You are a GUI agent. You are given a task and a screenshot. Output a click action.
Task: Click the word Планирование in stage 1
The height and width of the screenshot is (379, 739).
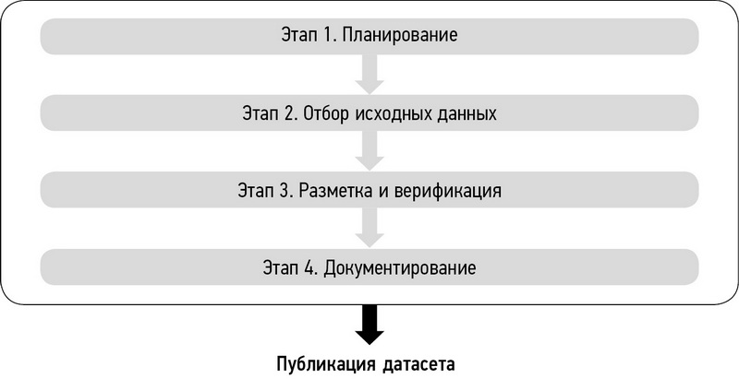[x=400, y=36]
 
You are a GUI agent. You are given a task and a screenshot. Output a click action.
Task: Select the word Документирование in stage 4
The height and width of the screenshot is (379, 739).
[x=400, y=268]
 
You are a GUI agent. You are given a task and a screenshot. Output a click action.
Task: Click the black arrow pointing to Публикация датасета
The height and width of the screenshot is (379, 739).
[x=369, y=326]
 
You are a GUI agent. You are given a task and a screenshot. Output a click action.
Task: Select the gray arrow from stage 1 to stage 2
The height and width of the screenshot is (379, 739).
[x=369, y=75]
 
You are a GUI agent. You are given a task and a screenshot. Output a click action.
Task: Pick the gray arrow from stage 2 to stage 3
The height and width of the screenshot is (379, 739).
[x=369, y=151]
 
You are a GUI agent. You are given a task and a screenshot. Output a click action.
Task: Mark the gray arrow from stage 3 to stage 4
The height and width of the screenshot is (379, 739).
[x=369, y=228]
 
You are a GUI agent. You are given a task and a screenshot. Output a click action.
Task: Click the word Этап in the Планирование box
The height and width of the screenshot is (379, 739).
[x=299, y=35]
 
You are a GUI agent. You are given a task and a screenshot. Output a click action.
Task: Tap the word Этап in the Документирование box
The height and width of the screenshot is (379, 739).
[x=281, y=267]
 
